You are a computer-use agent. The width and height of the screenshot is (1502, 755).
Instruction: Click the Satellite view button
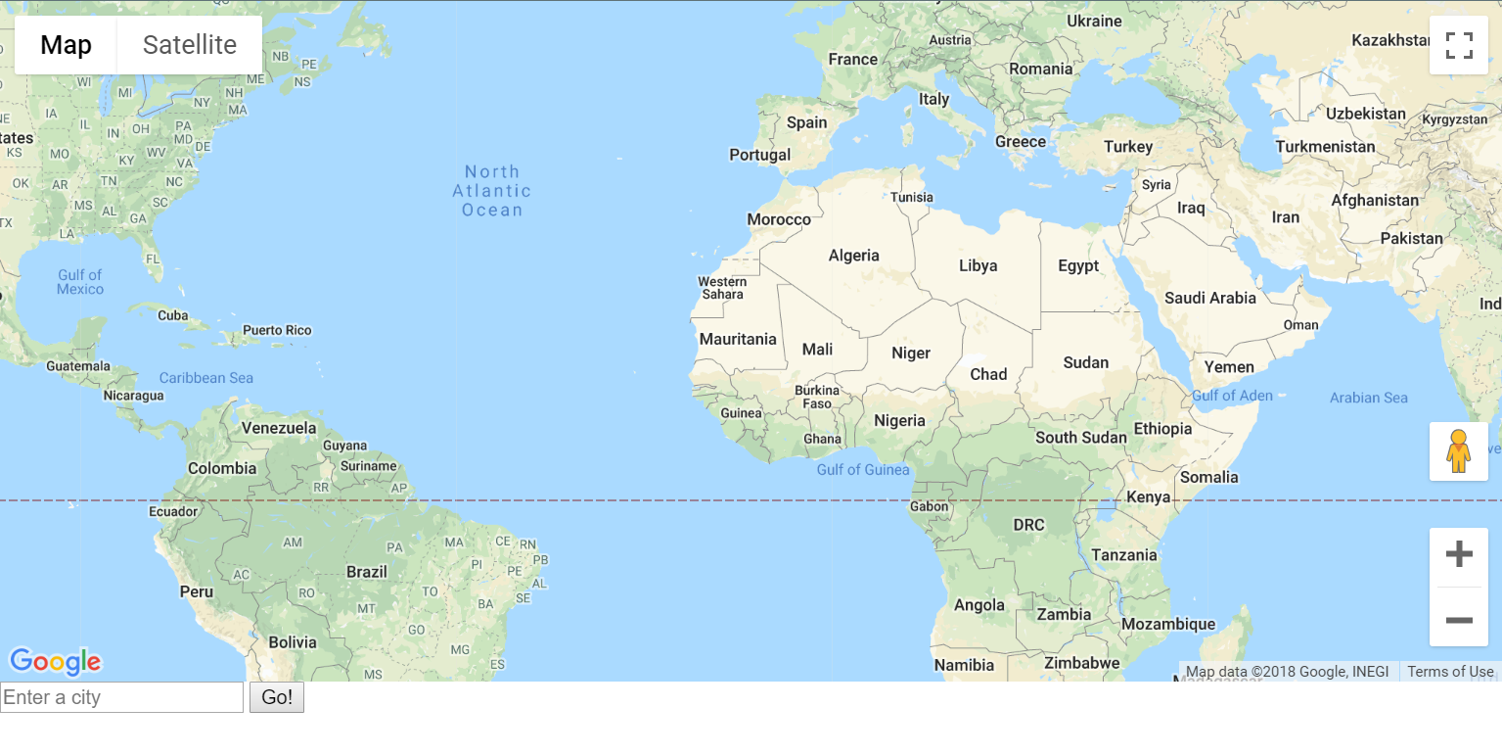(189, 45)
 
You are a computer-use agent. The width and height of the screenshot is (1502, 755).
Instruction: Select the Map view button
(66, 45)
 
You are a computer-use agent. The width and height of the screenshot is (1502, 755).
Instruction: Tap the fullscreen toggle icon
(1459, 45)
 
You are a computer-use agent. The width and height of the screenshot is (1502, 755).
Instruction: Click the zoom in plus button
(1459, 555)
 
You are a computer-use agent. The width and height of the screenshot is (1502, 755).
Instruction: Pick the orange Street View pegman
(1459, 451)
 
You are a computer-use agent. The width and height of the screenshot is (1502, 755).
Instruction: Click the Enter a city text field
(121, 697)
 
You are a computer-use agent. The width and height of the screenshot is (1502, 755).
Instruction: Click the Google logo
(56, 662)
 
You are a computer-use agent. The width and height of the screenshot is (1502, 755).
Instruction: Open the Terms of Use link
(1450, 672)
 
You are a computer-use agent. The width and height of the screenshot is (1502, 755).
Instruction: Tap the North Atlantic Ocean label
(492, 191)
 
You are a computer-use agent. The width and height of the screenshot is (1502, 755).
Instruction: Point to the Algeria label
(853, 256)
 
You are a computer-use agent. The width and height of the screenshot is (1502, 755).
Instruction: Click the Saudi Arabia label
(1209, 298)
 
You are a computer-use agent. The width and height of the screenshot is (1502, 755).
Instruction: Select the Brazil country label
(367, 572)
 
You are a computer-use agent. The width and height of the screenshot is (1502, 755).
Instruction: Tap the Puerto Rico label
(277, 330)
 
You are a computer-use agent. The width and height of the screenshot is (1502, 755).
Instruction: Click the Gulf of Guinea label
(863, 470)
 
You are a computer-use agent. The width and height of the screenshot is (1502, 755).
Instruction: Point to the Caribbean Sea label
(206, 378)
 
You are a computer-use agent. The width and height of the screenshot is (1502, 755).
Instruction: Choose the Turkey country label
(1128, 147)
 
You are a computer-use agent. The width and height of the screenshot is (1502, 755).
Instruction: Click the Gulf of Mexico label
(80, 282)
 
